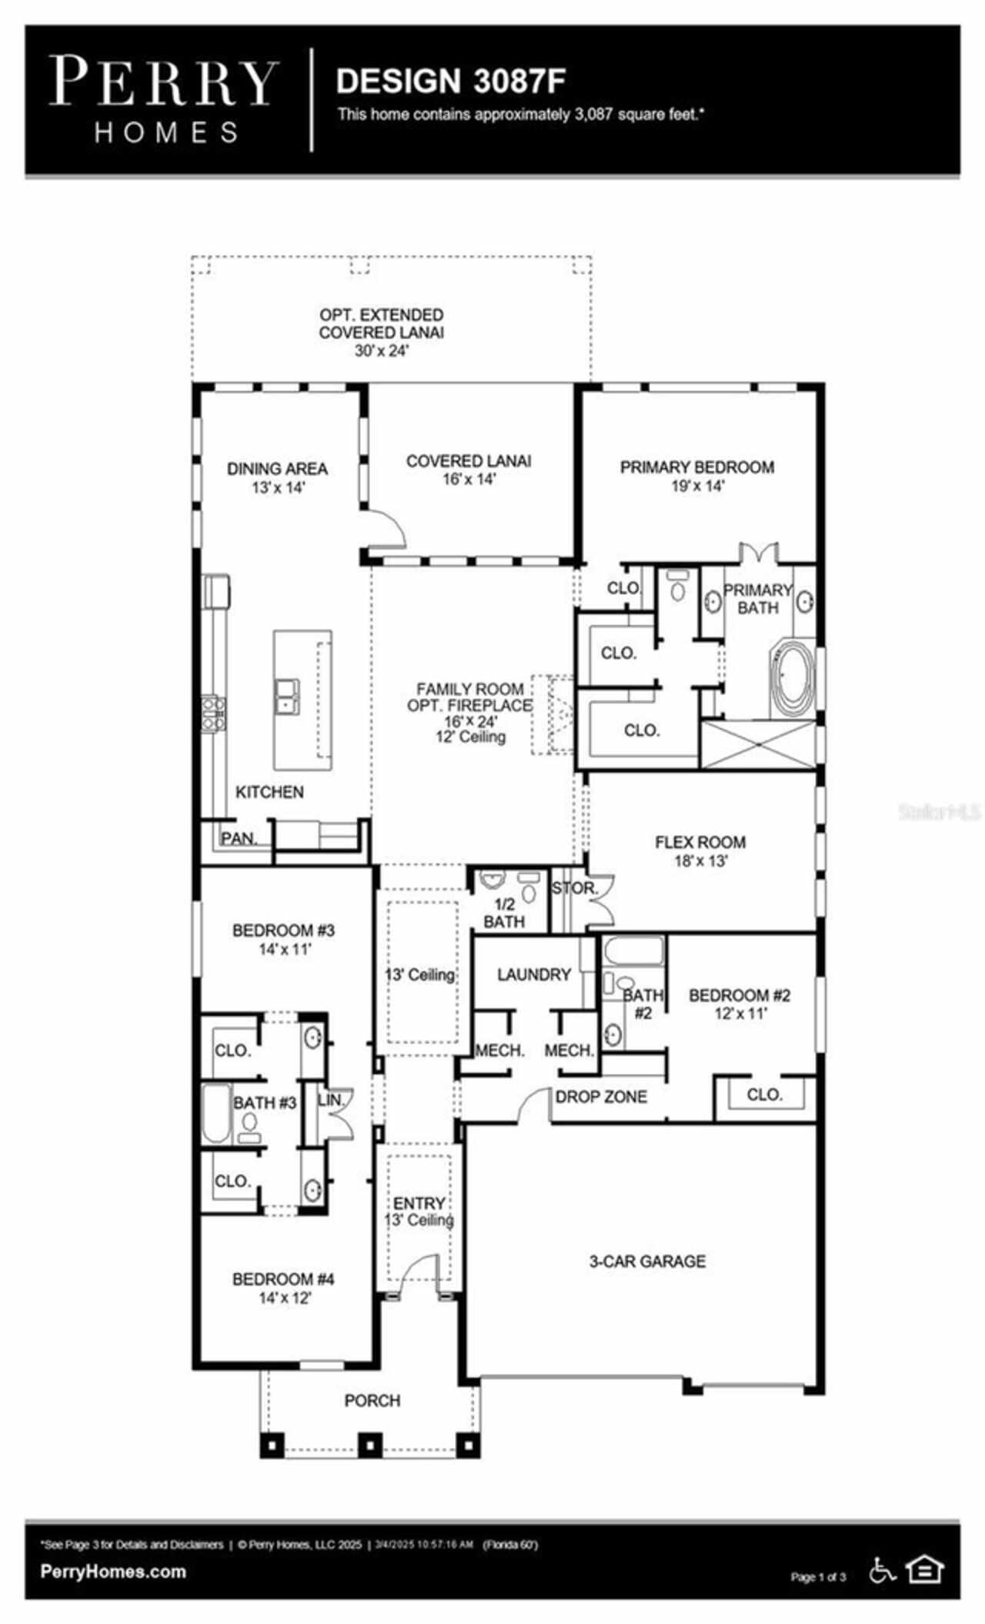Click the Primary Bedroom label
tap(696, 476)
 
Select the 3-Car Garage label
tap(647, 1261)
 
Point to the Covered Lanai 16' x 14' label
tap(468, 469)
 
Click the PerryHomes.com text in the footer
tap(113, 1571)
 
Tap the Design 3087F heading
tap(451, 82)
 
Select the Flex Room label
tap(700, 850)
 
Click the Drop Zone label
tap(601, 1097)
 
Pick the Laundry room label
tap(533, 974)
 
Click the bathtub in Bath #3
tap(216, 1114)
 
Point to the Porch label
tap(372, 1401)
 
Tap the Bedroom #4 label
tap(283, 1288)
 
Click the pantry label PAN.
tap(238, 838)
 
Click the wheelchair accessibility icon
tap(883, 1570)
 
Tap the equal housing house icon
tap(924, 1570)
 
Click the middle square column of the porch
tap(370, 1445)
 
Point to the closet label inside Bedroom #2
tap(763, 1094)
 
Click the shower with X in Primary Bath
tap(758, 744)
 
